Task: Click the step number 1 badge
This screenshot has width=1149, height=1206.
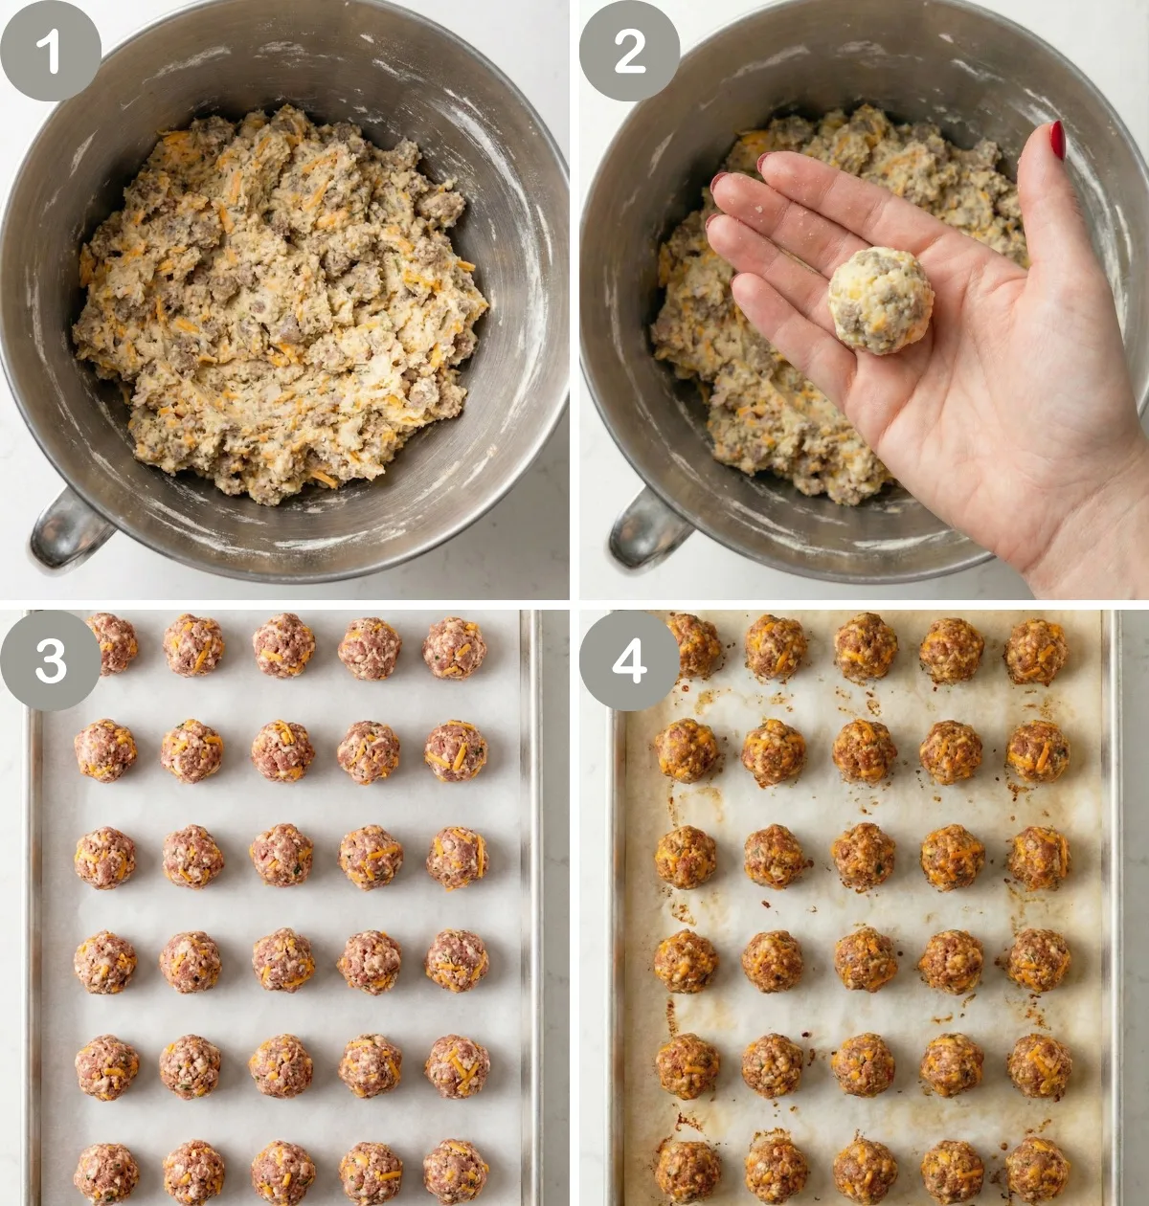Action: tap(50, 51)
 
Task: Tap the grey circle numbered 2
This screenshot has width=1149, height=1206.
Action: tap(629, 51)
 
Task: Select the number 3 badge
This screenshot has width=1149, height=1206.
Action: tap(50, 660)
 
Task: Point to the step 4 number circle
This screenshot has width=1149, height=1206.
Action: tap(629, 660)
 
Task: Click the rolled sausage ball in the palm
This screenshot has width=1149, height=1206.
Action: tap(880, 301)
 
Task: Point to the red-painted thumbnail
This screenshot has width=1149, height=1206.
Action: tap(1057, 140)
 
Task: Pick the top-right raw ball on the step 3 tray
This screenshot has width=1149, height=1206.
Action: tap(455, 648)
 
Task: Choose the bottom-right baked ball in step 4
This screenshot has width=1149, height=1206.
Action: tap(1038, 1170)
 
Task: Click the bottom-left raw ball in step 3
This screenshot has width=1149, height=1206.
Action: tap(106, 1173)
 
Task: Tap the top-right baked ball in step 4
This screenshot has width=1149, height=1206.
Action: tap(1036, 651)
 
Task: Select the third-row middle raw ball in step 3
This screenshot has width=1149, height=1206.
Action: tap(282, 855)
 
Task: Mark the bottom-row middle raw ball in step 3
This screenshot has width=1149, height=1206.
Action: tap(282, 1172)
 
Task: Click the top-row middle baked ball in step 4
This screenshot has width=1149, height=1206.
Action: tap(866, 647)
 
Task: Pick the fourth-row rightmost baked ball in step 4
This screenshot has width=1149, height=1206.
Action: tap(1039, 960)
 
